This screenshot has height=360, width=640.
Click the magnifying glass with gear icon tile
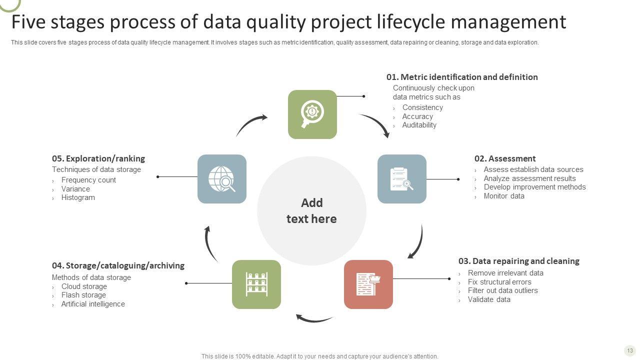[312, 114]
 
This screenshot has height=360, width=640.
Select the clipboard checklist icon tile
[402, 179]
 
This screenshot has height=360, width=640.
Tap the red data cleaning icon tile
[368, 284]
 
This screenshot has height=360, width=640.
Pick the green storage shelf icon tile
[256, 284]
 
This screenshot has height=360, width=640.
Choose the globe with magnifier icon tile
[222, 179]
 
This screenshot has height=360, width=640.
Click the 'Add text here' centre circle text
[311, 210]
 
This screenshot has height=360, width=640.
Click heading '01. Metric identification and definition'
[462, 77]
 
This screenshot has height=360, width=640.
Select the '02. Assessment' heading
[505, 158]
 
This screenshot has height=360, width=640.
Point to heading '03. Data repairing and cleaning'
[518, 261]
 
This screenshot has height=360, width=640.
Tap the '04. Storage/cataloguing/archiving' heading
[118, 265]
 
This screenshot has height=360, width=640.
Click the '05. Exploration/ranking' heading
[98, 158]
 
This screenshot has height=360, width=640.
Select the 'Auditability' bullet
[419, 125]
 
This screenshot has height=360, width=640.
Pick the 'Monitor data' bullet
[504, 196]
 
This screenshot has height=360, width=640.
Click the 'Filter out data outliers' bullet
[502, 290]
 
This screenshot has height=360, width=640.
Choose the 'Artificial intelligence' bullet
[93, 304]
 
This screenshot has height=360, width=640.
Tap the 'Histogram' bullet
[78, 197]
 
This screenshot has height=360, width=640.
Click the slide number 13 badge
[629, 350]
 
